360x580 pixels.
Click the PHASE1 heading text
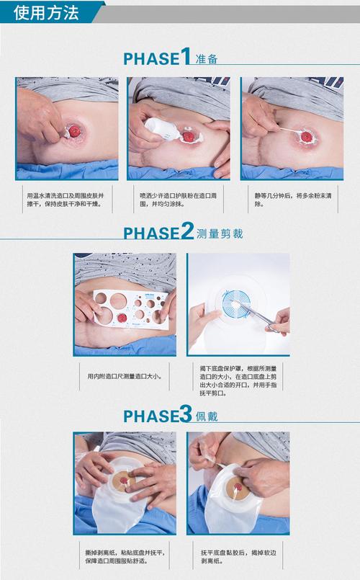coord(157,58)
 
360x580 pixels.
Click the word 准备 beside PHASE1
coord(206,59)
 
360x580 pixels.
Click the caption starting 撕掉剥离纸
coord(123,557)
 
